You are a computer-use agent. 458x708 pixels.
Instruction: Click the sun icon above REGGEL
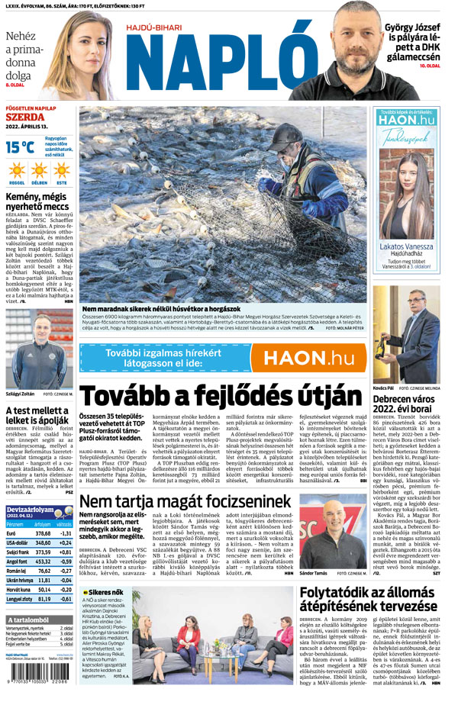[17, 169]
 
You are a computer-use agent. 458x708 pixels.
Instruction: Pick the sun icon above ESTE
[61, 169]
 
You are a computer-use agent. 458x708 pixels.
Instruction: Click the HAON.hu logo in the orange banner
[305, 358]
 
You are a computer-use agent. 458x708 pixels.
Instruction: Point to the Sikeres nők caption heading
[105, 592]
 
